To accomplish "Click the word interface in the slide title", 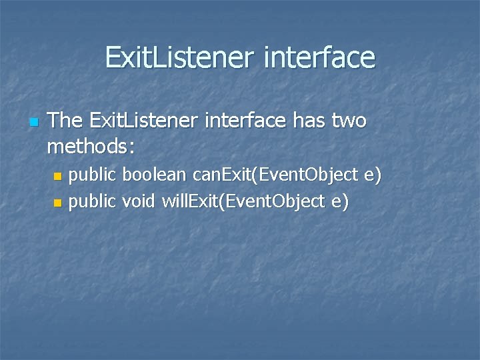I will (x=319, y=57).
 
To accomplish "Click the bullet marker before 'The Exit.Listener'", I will (x=34, y=123).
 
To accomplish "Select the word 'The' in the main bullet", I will (x=65, y=121).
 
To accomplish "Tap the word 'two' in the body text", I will (x=347, y=121).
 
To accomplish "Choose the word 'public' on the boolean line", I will (x=93, y=176).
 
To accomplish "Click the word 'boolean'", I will (x=155, y=175).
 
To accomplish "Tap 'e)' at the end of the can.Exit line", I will (x=372, y=176).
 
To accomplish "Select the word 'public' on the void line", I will (x=93, y=201).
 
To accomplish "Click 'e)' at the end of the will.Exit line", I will (x=339, y=201).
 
